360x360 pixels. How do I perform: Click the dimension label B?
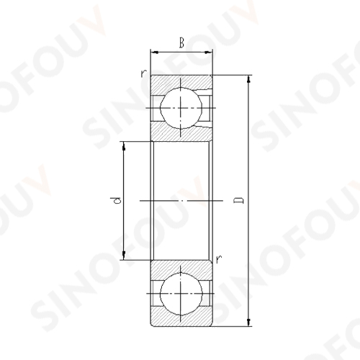(x=181, y=43)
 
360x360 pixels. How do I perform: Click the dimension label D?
(x=239, y=200)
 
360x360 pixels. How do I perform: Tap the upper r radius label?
(x=143, y=73)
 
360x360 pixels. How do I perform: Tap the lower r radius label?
(x=219, y=259)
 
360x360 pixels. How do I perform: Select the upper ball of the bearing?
(x=181, y=108)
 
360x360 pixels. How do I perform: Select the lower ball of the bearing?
(x=181, y=294)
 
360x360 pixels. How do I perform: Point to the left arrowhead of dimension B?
(x=155, y=52)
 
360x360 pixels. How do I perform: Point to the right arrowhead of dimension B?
(x=208, y=52)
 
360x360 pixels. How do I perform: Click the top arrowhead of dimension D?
(x=249, y=79)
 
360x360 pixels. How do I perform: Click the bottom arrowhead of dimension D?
(x=249, y=322)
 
